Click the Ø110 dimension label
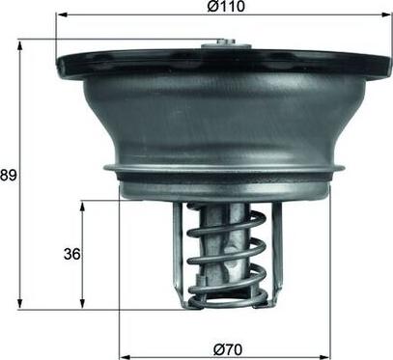[224, 7]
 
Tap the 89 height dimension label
[9, 175]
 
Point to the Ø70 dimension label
[224, 347]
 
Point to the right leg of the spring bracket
[275, 251]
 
